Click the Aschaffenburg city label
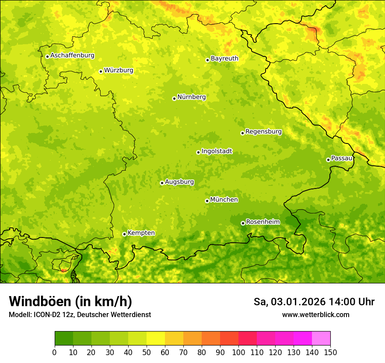[x=72, y=56]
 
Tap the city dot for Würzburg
[x=101, y=71]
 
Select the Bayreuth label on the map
[x=224, y=59]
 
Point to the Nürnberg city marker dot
[x=174, y=98]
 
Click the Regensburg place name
[x=263, y=132]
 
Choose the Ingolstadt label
[x=217, y=151]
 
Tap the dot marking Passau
[x=328, y=160]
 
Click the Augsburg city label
[x=179, y=182]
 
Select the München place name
[x=224, y=200]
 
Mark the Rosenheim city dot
[x=243, y=223]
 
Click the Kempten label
[x=141, y=233]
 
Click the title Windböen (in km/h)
[x=70, y=301]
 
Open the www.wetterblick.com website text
[x=315, y=314]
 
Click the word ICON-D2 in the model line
[x=45, y=314]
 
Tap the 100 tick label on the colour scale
[x=238, y=352]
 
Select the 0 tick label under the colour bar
[x=55, y=352]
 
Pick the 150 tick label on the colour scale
[x=330, y=352]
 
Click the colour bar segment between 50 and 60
[x=156, y=339]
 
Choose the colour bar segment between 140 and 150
[x=321, y=339]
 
